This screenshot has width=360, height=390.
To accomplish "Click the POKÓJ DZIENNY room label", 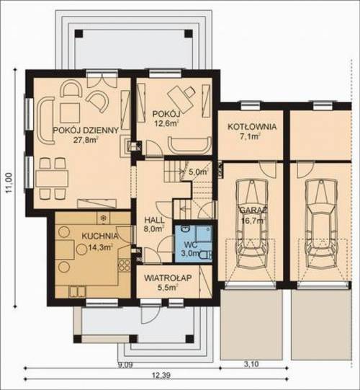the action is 86,130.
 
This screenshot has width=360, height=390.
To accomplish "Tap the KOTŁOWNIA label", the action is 252,126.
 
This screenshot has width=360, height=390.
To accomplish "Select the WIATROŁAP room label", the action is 168,278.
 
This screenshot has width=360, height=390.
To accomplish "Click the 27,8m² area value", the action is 85,140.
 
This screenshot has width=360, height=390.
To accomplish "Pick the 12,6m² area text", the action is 167,123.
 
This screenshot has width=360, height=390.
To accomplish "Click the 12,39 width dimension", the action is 161,375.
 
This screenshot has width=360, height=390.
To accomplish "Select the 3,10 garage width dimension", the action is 251,364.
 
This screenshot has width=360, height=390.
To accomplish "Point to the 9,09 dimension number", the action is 125,365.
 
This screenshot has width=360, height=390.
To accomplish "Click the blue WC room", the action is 193,243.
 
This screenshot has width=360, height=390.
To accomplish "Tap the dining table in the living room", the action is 52,179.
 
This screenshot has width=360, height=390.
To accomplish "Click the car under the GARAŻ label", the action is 252,223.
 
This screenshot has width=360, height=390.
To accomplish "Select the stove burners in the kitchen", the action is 124,265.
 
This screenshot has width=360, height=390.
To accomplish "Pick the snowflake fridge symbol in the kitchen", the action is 103,218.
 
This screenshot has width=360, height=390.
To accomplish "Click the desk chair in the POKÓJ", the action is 190,92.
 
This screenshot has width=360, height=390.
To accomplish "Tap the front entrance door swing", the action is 150,314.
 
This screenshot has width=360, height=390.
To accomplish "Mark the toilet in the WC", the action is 205,254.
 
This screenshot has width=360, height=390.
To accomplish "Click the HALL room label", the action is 154,220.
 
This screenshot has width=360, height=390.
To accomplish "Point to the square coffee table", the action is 70,113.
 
